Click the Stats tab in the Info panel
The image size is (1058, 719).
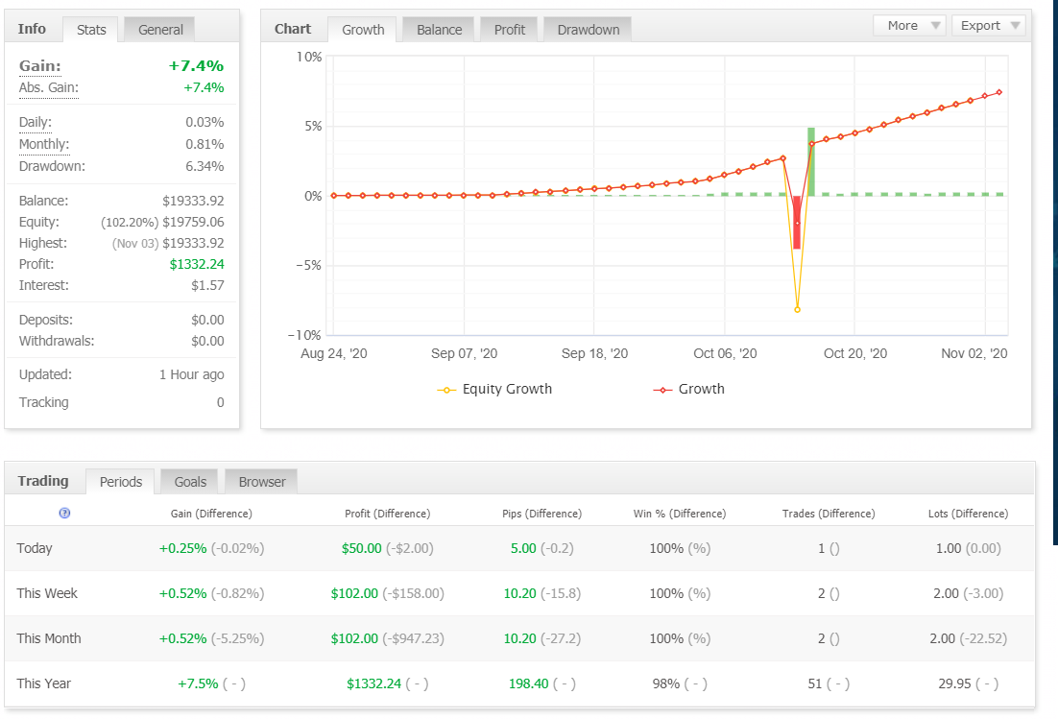coord(91,30)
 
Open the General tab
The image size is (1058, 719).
coord(160,30)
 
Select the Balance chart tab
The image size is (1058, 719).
coord(440,30)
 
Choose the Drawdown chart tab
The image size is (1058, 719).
coord(589,30)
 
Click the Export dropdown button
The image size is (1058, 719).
coord(989,26)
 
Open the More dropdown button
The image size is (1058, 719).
coord(909,26)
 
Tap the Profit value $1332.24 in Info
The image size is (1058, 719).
coord(197,264)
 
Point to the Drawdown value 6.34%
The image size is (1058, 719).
coord(204,166)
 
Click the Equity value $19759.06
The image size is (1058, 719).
coord(193,222)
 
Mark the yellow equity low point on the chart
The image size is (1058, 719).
coord(798,310)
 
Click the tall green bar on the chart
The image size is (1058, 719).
coord(811,162)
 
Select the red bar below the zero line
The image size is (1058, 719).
coord(797,223)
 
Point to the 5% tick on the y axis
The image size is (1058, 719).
coord(313,126)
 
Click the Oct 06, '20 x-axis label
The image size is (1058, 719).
coord(725,353)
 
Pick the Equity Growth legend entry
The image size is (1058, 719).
coord(494,389)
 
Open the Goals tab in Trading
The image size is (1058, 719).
coord(190,482)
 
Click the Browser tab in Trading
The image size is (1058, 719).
coord(262,482)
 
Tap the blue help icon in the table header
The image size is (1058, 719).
coord(64,514)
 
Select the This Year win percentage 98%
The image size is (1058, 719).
coord(666,683)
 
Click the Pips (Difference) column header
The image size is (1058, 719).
coord(541,514)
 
